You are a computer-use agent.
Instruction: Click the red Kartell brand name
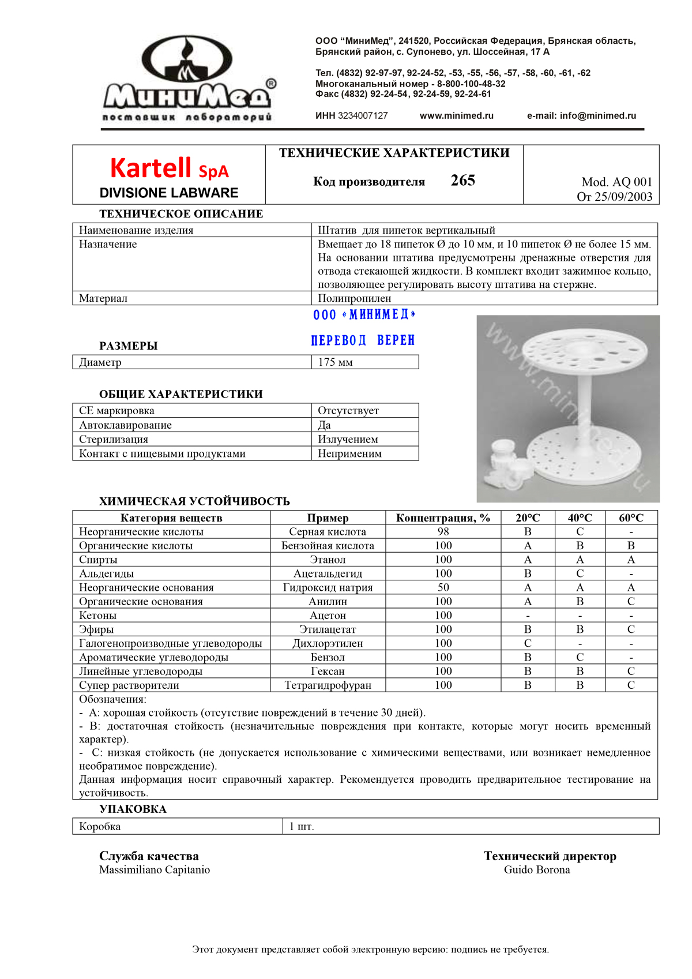[x=151, y=168]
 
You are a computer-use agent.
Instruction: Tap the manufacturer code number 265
[x=462, y=181]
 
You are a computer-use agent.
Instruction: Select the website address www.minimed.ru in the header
[x=456, y=115]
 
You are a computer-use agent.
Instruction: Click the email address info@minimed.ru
[x=597, y=115]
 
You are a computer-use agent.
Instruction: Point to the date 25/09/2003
[x=623, y=197]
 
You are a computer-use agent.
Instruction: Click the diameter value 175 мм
[x=335, y=362]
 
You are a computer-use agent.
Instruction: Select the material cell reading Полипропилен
[x=354, y=298]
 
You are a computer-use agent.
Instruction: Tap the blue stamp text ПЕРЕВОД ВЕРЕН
[x=363, y=340]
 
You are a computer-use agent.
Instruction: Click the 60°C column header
[x=631, y=517]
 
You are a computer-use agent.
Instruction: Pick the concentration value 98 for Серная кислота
[x=443, y=531]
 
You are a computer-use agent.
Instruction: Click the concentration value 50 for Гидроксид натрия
[x=443, y=587]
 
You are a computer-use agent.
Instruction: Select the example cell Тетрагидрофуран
[x=328, y=685]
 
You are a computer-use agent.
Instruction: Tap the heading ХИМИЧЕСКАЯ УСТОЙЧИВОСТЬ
[x=194, y=501]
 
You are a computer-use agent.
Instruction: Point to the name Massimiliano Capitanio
[x=155, y=870]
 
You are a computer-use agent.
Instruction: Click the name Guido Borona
[x=537, y=870]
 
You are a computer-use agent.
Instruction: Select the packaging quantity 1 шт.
[x=302, y=827]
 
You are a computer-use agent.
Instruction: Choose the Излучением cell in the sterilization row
[x=348, y=439]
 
